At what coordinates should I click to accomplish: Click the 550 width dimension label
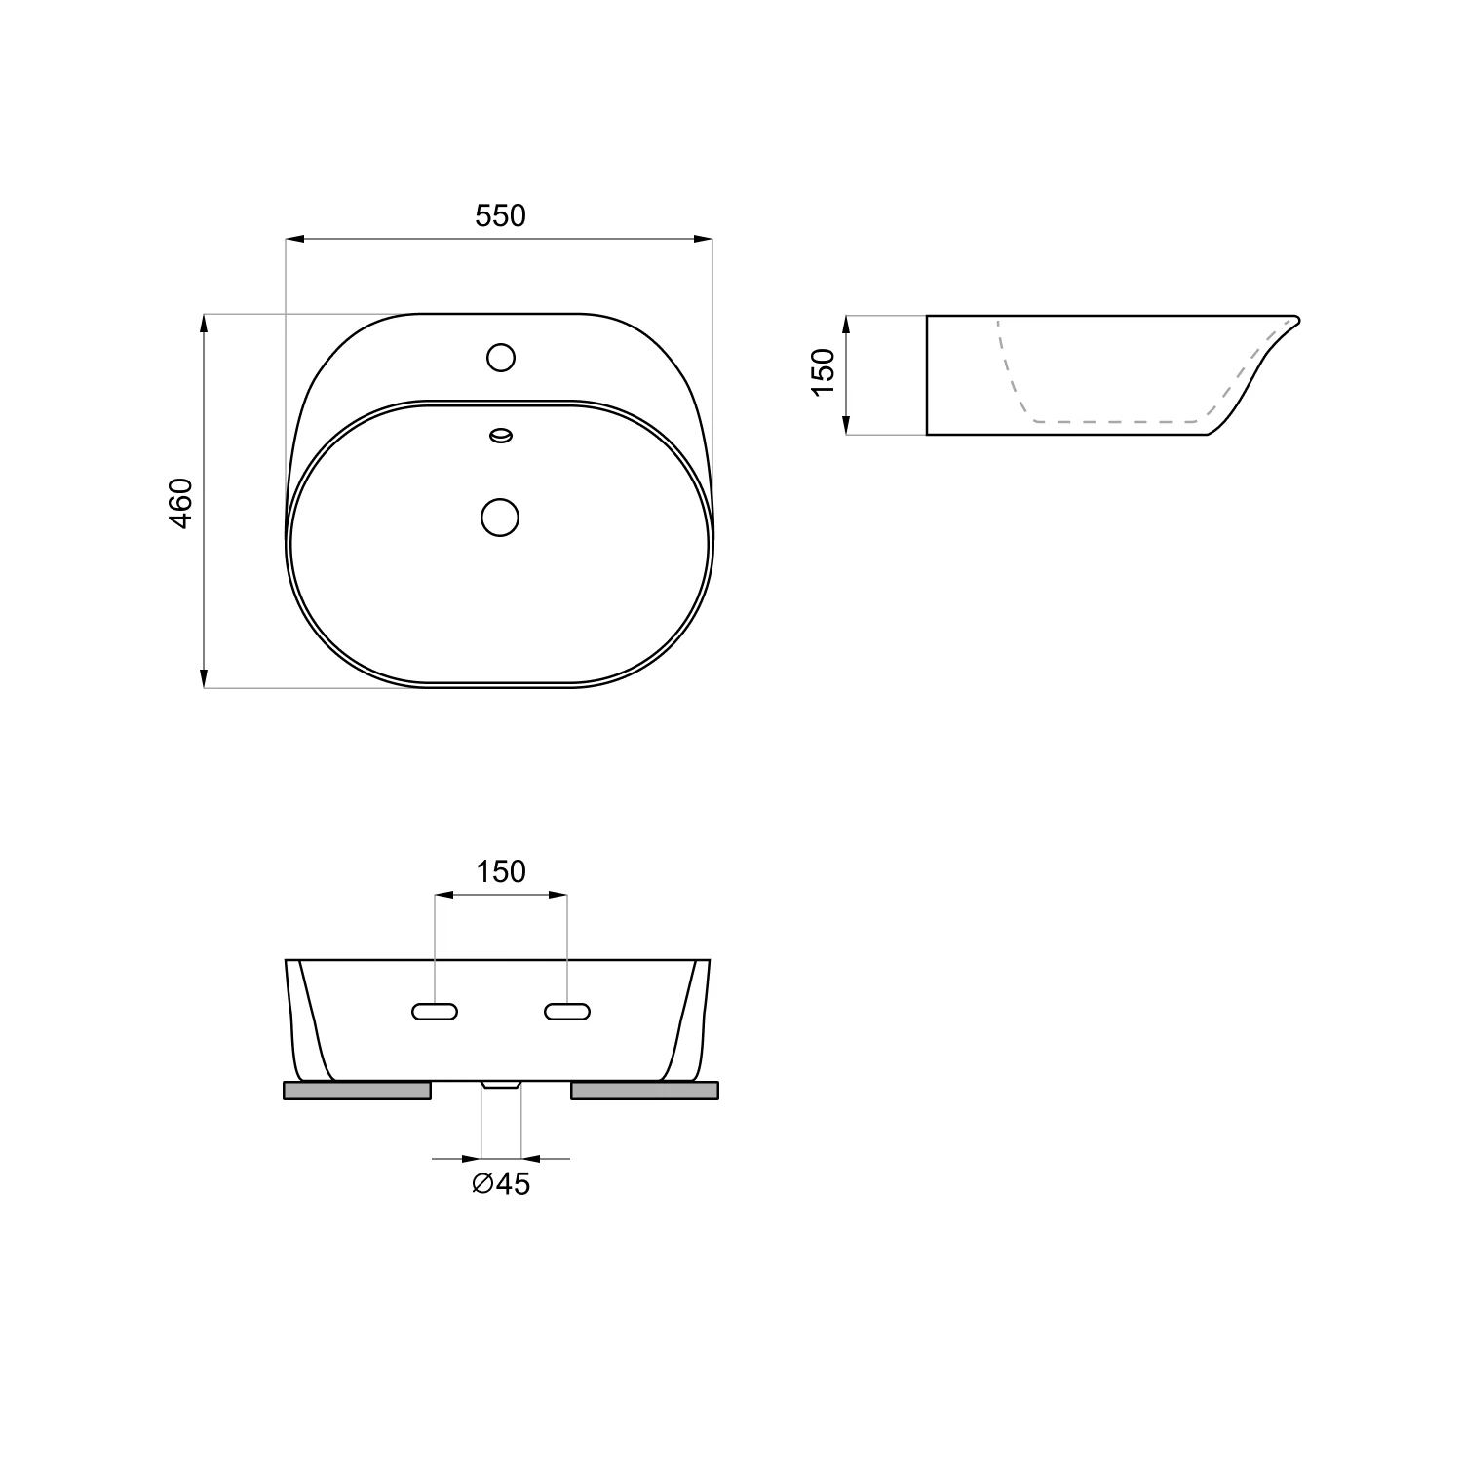pos(500,215)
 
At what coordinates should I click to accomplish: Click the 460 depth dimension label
pos(182,503)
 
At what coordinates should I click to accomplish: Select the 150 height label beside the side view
pos(824,371)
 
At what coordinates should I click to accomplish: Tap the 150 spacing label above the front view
pos(501,871)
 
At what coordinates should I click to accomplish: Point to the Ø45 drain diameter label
pos(501,1184)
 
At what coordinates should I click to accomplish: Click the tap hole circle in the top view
pos(501,358)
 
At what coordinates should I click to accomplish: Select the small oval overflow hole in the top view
pos(501,436)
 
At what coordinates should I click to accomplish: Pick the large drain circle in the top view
pos(501,517)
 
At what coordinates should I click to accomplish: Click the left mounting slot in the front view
pos(435,1012)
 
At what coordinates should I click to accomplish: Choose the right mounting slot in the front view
pos(567,1012)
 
